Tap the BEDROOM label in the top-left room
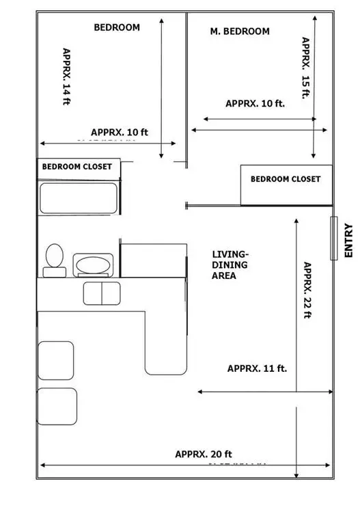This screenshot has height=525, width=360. (117, 28)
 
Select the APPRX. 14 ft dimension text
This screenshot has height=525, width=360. (66, 76)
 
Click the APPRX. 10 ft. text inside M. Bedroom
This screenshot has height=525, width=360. (255, 104)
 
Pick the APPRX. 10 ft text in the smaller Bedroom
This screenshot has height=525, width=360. (120, 132)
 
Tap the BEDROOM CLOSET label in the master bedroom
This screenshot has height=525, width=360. (285, 179)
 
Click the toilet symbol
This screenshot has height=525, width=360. (54, 260)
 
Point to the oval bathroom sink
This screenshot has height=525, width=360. (92, 265)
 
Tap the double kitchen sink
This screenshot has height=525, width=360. (101, 293)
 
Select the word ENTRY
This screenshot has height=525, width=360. (348, 241)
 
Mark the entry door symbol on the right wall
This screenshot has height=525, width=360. (333, 238)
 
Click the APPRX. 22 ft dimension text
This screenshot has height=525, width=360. (307, 291)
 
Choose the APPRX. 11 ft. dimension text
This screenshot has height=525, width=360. (257, 368)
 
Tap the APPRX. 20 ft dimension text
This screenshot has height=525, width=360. (204, 454)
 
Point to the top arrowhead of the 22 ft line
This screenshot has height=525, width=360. (296, 221)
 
